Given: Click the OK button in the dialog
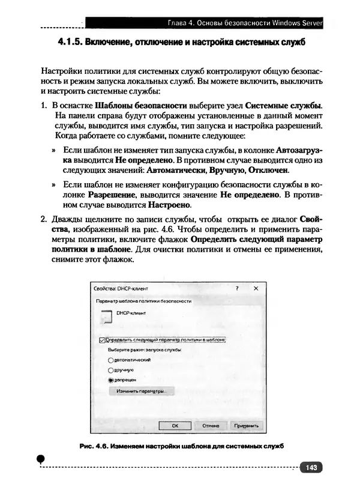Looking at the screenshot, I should coord(175,425).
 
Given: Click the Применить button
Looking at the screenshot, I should coord(246,425).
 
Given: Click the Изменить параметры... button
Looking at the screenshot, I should coord(140,391).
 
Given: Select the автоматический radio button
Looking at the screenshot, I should coord(110,360).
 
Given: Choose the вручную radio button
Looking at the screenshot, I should coord(110,370).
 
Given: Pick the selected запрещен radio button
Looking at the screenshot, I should coord(110,380).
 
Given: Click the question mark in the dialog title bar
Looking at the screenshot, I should coord(237,288).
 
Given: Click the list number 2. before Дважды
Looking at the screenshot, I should coord(44,219).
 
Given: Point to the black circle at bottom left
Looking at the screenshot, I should coord(41,458).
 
